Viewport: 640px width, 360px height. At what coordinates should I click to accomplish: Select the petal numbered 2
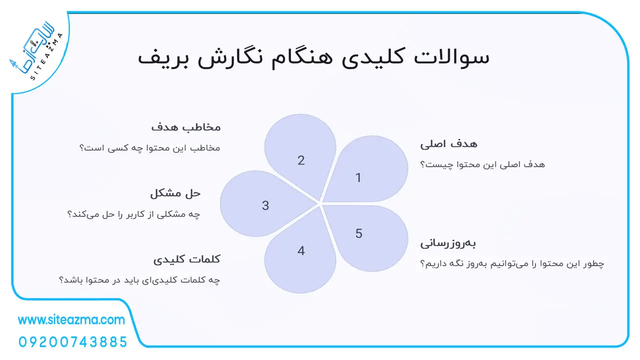300,154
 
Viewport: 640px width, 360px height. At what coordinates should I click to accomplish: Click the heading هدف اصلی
448,143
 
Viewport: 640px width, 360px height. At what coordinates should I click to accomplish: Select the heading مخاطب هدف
185,127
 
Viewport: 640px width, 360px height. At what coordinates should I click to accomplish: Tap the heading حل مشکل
175,193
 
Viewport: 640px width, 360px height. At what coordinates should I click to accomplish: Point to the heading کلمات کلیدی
187,259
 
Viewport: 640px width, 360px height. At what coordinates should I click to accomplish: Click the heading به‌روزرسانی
448,243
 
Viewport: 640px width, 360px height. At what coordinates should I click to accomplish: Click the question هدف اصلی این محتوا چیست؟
482,164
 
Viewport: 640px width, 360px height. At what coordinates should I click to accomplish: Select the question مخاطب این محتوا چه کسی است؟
149,148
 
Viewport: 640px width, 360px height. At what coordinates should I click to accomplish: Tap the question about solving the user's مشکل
133,214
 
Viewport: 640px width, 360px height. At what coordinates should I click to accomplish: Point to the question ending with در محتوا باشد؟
139,280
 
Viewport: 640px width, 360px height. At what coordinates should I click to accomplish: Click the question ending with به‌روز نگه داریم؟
512,263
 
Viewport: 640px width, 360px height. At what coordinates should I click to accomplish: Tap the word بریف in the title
163,58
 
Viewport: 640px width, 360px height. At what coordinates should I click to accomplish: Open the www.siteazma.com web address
71,320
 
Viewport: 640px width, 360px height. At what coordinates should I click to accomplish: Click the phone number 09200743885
73,342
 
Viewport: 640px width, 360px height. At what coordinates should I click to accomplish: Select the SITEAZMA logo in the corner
36,51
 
